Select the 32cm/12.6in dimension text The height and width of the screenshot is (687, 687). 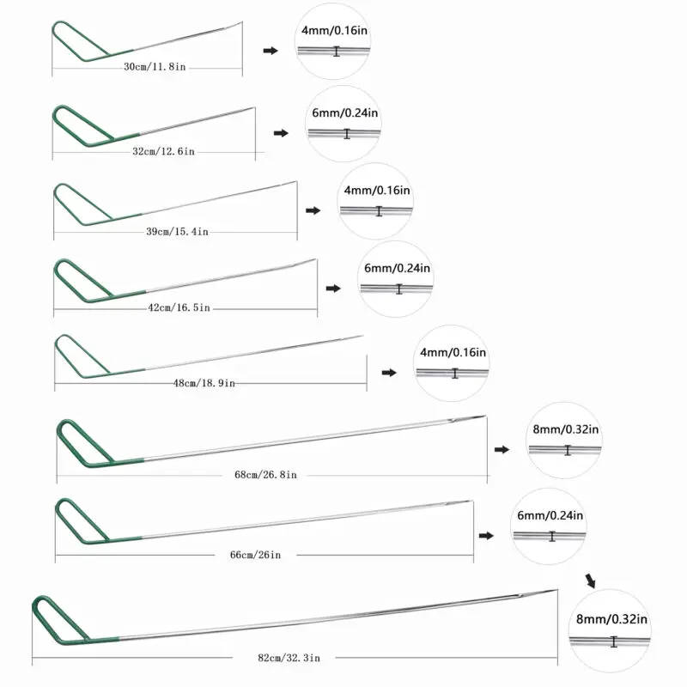tap(164, 151)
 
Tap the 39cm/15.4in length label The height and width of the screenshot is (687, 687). tap(178, 231)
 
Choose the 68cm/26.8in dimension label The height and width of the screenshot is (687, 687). tap(272, 474)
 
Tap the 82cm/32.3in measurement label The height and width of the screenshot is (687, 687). tap(288, 658)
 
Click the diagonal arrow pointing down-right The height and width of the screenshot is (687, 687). tap(591, 581)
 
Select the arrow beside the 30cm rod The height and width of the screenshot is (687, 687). tap(271, 52)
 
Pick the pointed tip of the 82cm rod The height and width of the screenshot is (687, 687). tap(554, 591)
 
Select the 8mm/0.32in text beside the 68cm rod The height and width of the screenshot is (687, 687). tap(567, 429)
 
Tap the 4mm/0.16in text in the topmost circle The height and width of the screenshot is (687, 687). tap(335, 31)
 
